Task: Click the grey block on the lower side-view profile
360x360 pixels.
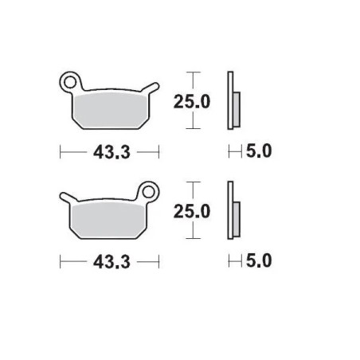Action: pos(237,216)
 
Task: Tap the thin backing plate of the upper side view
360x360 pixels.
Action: pos(230,100)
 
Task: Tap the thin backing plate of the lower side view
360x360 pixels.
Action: pos(230,211)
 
